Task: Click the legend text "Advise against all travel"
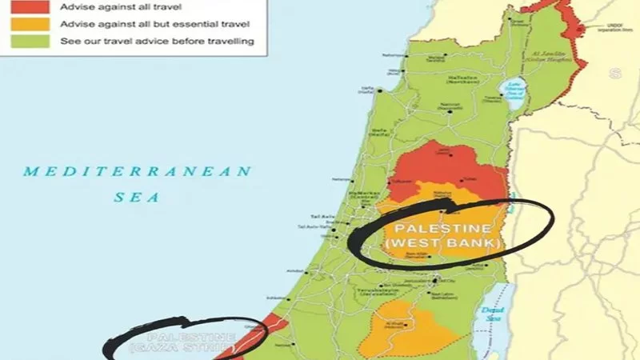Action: click(112, 6)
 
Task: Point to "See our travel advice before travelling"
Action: click(158, 40)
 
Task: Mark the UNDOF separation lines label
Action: click(612, 30)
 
